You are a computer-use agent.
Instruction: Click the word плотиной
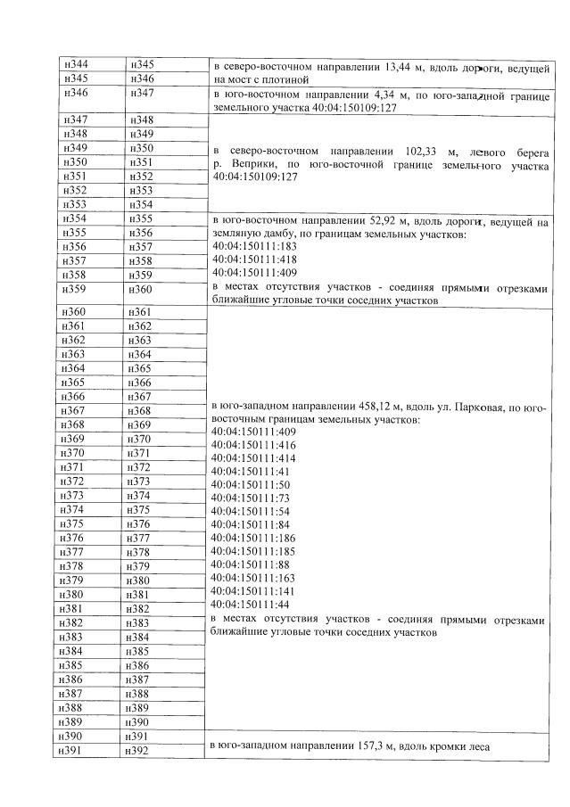260,78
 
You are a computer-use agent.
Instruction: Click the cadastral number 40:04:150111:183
254,246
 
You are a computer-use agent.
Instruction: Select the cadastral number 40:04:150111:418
254,259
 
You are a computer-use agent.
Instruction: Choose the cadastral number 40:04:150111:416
254,444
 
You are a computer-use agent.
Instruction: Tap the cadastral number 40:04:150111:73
252,498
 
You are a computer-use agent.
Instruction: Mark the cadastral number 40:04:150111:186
254,539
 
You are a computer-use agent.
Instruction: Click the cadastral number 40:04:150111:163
254,578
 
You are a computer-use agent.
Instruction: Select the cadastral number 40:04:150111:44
252,605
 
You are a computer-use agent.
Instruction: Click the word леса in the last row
480,745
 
